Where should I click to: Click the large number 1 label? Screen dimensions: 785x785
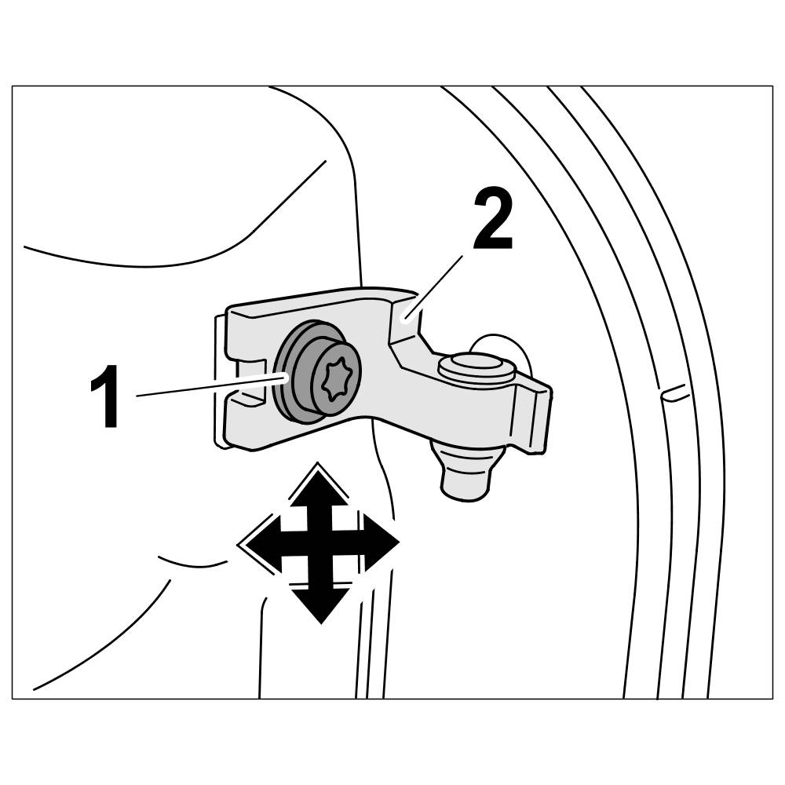(107, 398)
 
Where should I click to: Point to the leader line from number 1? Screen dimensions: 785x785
(208, 386)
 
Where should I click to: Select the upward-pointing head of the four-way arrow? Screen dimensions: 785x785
(319, 488)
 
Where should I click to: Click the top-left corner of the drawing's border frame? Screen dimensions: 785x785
(13, 86)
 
